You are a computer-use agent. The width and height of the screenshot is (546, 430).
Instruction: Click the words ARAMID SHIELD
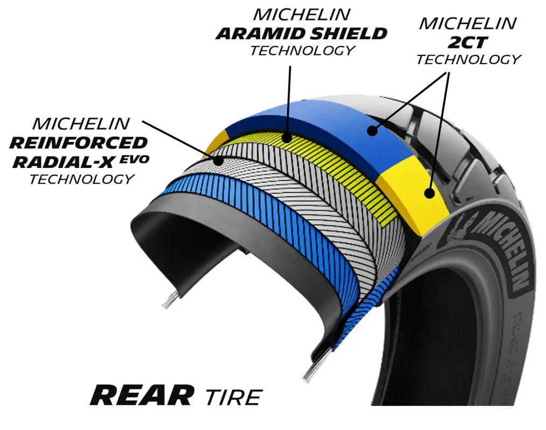(x=301, y=33)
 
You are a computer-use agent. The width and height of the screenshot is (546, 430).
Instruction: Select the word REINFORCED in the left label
(x=79, y=143)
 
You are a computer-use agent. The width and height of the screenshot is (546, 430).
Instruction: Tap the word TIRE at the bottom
(x=233, y=398)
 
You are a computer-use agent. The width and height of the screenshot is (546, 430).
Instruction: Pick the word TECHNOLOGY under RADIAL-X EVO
(x=81, y=179)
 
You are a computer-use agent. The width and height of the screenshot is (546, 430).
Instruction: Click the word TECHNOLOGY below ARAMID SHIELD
(x=302, y=51)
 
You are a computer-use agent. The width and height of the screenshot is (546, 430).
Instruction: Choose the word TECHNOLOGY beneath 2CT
(x=468, y=60)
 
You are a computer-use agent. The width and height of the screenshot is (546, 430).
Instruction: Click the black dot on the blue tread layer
(x=371, y=130)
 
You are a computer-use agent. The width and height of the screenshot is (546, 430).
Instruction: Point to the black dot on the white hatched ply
(x=218, y=160)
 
